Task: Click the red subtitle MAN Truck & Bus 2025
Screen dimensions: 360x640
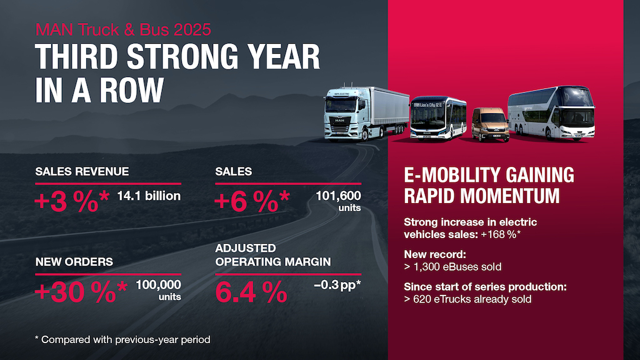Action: point(123,29)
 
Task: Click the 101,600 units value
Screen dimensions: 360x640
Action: point(338,201)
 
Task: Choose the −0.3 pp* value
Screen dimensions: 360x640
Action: point(338,286)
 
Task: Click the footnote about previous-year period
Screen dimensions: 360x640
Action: point(122,339)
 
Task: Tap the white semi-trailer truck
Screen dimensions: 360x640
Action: point(366,112)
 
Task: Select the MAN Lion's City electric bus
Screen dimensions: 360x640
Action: point(438,117)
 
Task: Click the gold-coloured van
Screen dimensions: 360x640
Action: point(489,124)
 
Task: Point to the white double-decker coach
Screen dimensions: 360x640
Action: point(550,113)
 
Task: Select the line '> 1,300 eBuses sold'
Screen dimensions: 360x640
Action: point(453,267)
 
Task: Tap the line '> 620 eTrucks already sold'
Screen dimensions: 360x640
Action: point(467,299)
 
